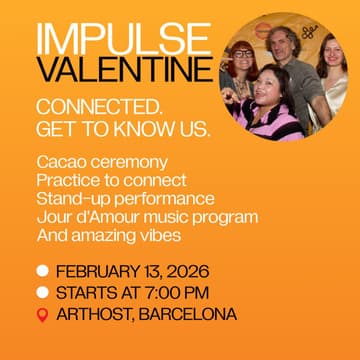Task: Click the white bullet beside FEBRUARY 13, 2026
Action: [x=42, y=271]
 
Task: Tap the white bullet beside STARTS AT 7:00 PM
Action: [x=42, y=293]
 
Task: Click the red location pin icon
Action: [x=42, y=315]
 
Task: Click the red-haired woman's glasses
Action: [x=242, y=52]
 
